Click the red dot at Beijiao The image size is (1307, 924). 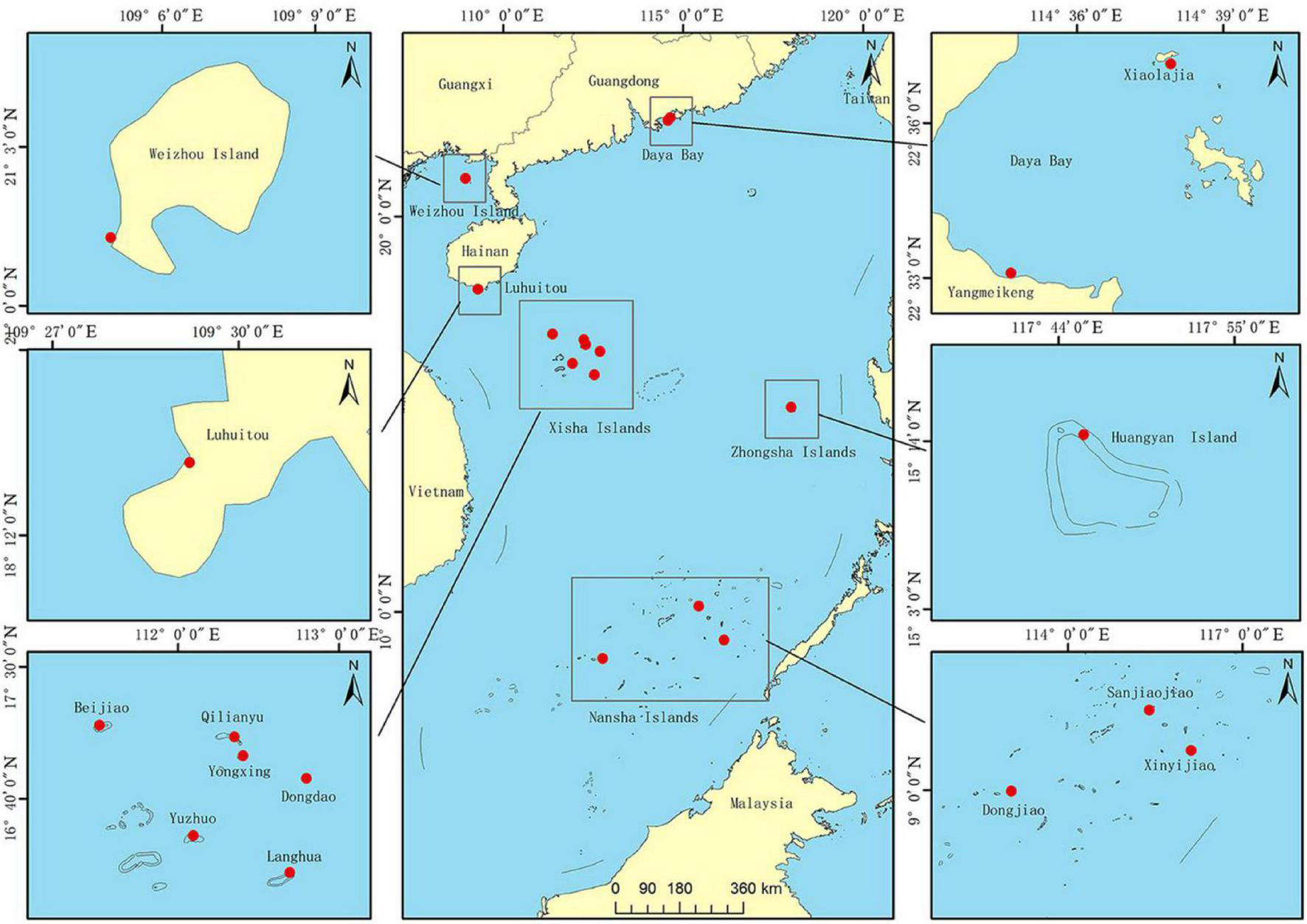[100, 726]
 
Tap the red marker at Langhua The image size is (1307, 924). [290, 872]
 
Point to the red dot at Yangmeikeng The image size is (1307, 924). [1011, 273]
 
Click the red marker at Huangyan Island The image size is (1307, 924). [1084, 434]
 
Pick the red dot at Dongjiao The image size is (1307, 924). [1011, 791]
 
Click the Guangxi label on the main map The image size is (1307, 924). [465, 84]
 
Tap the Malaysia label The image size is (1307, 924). [761, 803]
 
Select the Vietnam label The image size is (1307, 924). [436, 492]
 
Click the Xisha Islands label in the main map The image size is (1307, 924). [599, 428]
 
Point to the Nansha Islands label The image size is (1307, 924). [643, 717]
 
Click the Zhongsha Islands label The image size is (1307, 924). [793, 452]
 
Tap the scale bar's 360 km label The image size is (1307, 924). [754, 889]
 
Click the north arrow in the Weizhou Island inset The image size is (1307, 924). [351, 64]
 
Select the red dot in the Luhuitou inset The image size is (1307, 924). [190, 462]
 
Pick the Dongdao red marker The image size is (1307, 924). [306, 778]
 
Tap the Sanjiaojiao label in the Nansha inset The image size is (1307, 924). [1150, 693]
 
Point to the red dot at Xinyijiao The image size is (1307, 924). [1190, 750]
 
